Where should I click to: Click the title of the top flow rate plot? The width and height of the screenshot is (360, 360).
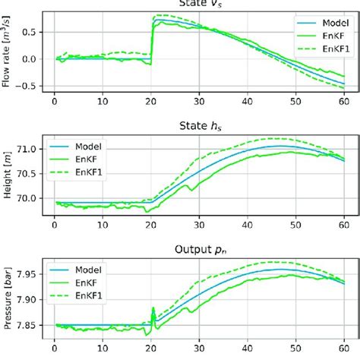click(x=201, y=4)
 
